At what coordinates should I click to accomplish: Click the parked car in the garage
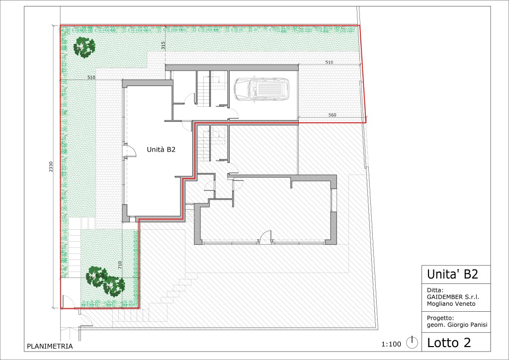click(261, 90)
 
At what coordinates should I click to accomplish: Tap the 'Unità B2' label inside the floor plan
click(161, 150)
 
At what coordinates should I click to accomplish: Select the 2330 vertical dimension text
click(51, 167)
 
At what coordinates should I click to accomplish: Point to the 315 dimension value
click(163, 45)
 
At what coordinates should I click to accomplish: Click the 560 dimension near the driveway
click(332, 115)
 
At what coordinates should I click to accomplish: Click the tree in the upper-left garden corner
click(84, 47)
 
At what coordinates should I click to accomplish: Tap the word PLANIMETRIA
click(50, 347)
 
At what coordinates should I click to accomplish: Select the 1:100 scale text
click(391, 344)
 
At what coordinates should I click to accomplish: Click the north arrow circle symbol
click(412, 343)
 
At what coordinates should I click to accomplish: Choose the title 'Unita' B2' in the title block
click(452, 274)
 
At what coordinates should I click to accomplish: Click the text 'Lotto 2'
click(449, 343)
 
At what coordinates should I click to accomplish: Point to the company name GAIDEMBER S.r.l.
click(453, 297)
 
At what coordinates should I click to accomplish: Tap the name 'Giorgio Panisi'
click(467, 325)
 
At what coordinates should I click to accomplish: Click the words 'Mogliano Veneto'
click(451, 304)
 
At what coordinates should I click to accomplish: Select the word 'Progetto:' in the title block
click(440, 318)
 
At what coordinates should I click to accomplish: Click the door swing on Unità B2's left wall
click(131, 151)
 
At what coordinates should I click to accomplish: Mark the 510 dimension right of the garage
click(329, 62)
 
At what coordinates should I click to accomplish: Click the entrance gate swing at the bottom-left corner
click(68, 301)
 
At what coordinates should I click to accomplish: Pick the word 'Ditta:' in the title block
click(435, 290)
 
